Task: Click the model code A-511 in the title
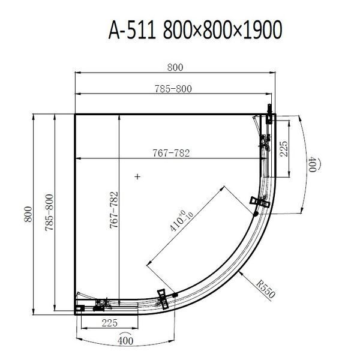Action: (132, 30)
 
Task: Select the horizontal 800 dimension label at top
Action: (175, 67)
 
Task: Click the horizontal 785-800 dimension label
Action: (173, 89)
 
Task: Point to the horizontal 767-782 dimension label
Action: (171, 153)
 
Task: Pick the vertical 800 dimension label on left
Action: (28, 214)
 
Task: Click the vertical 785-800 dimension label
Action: (49, 212)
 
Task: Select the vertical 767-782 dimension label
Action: (114, 210)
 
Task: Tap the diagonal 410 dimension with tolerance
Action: (182, 220)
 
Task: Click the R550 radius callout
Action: (266, 289)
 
